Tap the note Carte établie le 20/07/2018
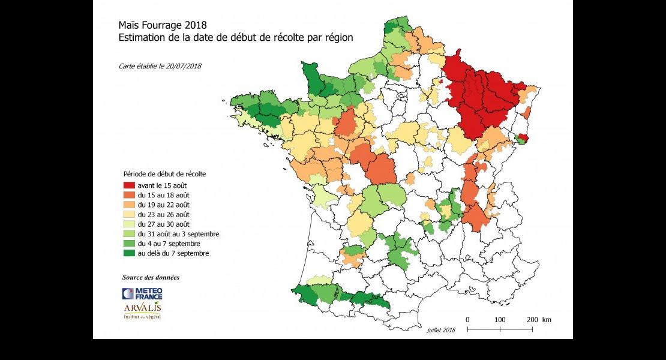(160, 65)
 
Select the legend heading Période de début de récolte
(164, 174)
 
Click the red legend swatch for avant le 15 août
(129, 185)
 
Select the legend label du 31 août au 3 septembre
(178, 233)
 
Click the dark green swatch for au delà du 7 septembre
(129, 253)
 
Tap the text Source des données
(151, 277)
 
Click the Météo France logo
(142, 293)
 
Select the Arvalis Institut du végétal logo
(142, 310)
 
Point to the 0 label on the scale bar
(467, 320)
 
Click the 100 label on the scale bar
(499, 320)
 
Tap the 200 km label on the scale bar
(538, 320)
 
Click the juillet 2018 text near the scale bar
(442, 330)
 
